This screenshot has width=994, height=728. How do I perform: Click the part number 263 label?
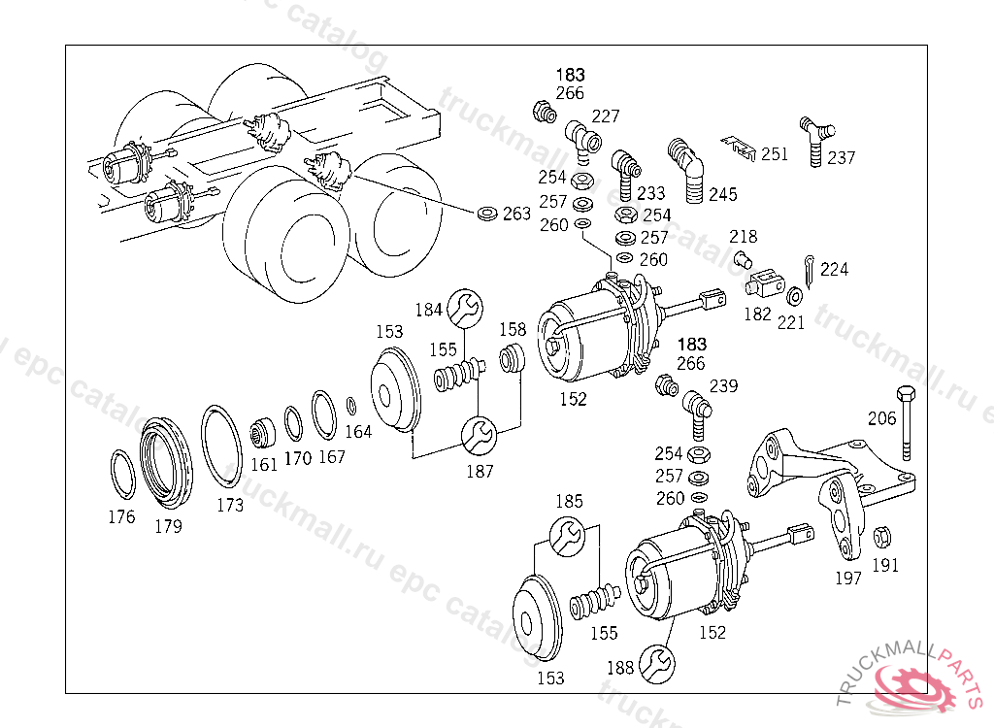pos(516,214)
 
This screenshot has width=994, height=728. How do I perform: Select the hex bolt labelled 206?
pos(907,422)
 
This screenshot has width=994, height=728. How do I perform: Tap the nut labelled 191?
pos(881,537)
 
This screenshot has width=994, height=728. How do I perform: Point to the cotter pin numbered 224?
pos(809,270)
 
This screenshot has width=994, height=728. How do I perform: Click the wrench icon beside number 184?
pos(465,308)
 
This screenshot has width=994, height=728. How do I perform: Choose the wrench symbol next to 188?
pos(657,664)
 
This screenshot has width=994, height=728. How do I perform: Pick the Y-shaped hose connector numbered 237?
pos(816,140)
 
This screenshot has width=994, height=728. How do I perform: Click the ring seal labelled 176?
pos(121,475)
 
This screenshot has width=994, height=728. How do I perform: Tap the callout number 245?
pos(722,195)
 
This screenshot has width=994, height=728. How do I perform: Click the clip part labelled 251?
pos(739,148)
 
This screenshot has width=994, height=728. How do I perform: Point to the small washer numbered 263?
pos(487,214)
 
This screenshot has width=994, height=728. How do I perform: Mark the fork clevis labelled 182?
pos(766,282)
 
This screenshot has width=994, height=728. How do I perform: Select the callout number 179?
pos(168,526)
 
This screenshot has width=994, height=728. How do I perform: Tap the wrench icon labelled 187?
pos(480,436)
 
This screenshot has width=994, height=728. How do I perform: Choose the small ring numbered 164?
pos(350,406)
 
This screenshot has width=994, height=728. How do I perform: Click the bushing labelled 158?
pos(513,358)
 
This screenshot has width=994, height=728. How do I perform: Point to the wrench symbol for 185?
pos(567,537)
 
